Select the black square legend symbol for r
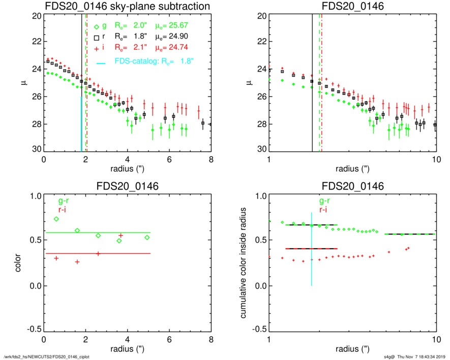point(97,38)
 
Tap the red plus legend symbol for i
point(97,49)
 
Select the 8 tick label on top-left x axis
point(211,159)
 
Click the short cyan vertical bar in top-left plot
point(81,124)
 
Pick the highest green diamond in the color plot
point(56,219)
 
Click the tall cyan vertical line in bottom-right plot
point(311,249)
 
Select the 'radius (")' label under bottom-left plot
point(128,349)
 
